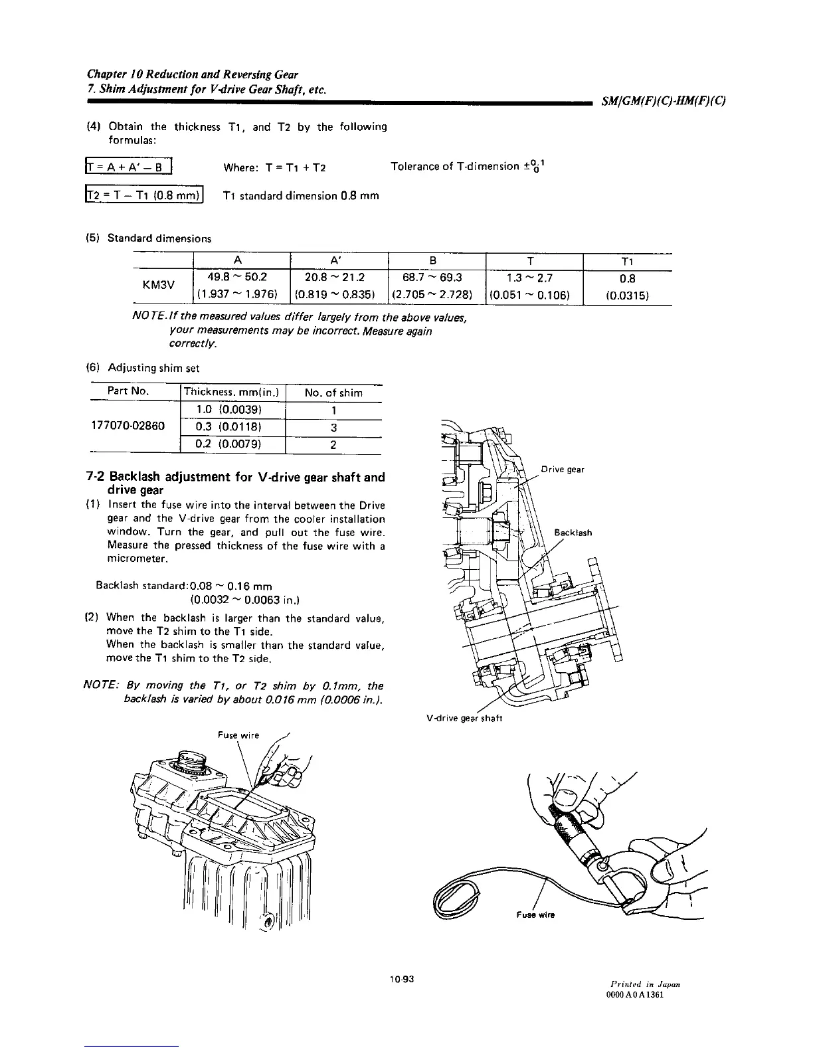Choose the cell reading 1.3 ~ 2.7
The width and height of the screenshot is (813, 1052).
coord(533,276)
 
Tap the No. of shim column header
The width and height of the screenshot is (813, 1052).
coord(333,393)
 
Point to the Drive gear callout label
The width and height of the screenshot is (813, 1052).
coord(562,470)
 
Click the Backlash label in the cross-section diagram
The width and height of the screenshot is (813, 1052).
coord(573,533)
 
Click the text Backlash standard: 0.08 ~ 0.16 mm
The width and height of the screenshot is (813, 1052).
coord(184,586)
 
